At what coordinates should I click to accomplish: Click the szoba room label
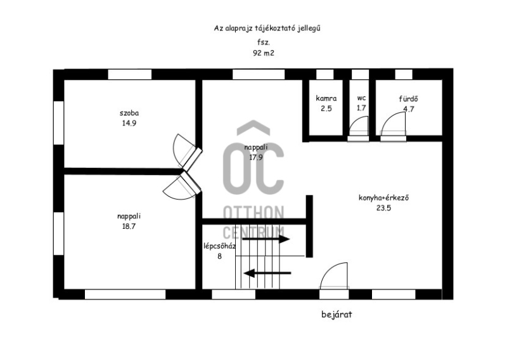(x=129, y=113)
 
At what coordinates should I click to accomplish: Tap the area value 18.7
(x=129, y=226)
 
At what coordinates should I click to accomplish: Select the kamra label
(x=326, y=98)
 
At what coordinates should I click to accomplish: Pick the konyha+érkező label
(x=384, y=198)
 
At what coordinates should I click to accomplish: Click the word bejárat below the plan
(x=337, y=314)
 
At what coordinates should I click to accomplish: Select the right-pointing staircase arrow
(x=266, y=240)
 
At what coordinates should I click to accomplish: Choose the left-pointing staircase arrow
(x=267, y=273)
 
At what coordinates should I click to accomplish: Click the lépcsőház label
(x=219, y=246)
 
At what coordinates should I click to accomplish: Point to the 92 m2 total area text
(x=264, y=53)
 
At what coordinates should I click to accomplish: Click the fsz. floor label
(x=264, y=42)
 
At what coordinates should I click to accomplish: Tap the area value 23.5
(x=384, y=208)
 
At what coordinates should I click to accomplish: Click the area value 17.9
(x=256, y=158)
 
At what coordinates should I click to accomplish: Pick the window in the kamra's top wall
(x=324, y=74)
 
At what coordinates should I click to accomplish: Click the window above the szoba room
(x=129, y=74)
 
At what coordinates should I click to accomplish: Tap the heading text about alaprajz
(x=267, y=29)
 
